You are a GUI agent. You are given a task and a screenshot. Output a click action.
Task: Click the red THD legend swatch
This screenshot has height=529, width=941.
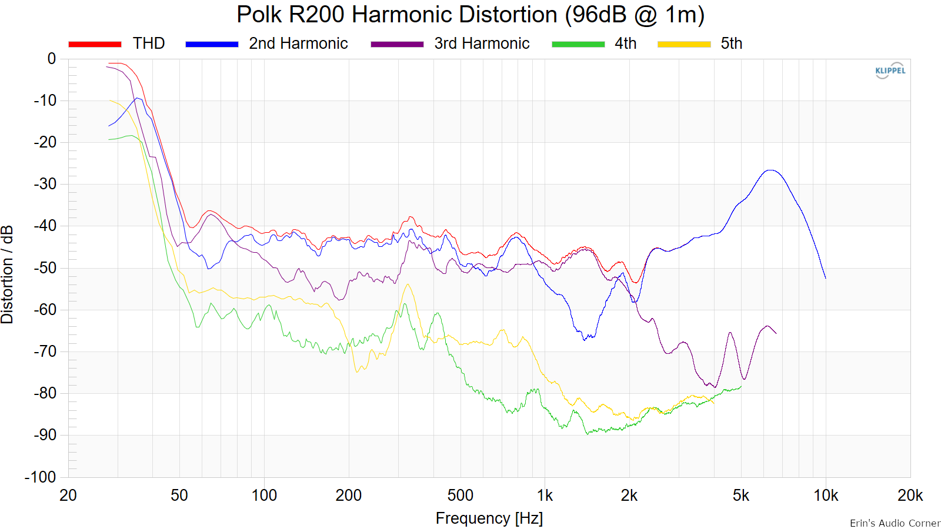pyautogui.click(x=95, y=44)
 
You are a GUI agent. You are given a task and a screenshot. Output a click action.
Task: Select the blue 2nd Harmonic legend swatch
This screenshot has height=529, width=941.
pyautogui.click(x=212, y=44)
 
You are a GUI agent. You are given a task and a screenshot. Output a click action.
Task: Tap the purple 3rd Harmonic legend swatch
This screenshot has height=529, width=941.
pyautogui.click(x=397, y=44)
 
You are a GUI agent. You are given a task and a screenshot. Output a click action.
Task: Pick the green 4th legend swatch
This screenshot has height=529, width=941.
pyautogui.click(x=578, y=44)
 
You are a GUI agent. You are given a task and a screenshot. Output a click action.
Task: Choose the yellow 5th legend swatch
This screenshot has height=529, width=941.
pyautogui.click(x=684, y=44)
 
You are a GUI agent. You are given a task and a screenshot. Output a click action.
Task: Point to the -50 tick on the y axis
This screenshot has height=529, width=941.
pyautogui.click(x=45, y=268)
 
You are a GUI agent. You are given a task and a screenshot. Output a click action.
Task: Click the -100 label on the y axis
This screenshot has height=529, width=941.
pyautogui.click(x=41, y=477)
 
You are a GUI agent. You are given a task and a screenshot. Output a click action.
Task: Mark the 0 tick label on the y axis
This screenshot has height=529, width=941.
pyautogui.click(x=52, y=59)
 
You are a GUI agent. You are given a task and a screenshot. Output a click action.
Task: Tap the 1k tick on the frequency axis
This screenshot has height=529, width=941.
pyautogui.click(x=545, y=496)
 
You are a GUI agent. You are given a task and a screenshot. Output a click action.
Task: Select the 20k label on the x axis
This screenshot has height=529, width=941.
pyautogui.click(x=910, y=496)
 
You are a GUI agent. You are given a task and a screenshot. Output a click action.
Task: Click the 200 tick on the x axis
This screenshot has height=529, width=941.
pyautogui.click(x=349, y=496)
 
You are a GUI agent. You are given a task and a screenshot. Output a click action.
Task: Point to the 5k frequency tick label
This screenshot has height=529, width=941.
pyautogui.click(x=741, y=496)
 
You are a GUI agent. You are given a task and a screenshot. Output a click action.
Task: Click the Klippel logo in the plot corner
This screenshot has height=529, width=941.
pyautogui.click(x=890, y=71)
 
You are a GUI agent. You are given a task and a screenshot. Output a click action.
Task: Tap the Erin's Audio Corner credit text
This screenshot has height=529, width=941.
pyautogui.click(x=895, y=523)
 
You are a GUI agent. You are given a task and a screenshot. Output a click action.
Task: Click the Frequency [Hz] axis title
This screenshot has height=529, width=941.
pyautogui.click(x=489, y=518)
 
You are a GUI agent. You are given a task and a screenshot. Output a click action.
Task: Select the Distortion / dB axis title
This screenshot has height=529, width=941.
pyautogui.click(x=7, y=274)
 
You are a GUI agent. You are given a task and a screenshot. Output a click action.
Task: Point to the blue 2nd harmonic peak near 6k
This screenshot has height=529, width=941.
pyautogui.click(x=770, y=170)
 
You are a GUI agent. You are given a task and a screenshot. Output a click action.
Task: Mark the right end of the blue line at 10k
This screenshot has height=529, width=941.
pyautogui.click(x=826, y=278)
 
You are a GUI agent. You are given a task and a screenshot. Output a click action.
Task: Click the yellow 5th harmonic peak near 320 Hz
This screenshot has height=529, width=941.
pyautogui.click(x=408, y=284)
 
